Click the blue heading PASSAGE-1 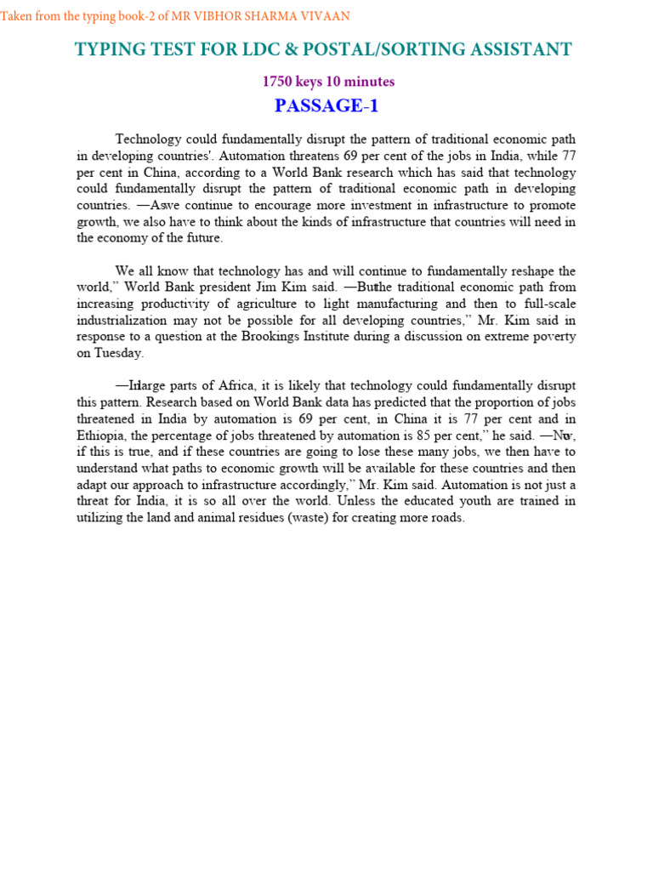coord(326,106)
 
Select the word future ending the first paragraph coord(202,238)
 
